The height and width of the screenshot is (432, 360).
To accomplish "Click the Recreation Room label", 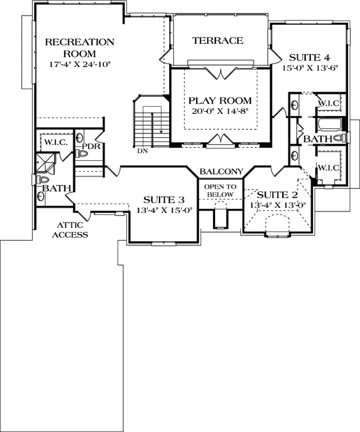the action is click(79, 48).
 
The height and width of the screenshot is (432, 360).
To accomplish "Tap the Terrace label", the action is click(218, 40).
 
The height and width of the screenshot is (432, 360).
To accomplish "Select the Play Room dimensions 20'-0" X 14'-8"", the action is click(220, 111).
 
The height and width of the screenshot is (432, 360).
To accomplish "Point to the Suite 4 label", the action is click(310, 58).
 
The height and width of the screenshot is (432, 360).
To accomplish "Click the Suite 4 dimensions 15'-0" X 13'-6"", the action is click(310, 68).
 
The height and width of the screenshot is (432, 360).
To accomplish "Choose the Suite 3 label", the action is click(164, 199).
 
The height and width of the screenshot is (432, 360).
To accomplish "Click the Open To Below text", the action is click(220, 191).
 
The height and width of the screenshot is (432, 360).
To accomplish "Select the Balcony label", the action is click(222, 172).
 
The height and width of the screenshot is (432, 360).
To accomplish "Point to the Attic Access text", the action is click(70, 230).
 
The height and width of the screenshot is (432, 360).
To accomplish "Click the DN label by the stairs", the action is click(143, 151).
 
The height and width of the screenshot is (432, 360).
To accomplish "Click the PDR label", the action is click(91, 146).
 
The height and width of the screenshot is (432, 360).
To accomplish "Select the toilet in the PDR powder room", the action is click(79, 153).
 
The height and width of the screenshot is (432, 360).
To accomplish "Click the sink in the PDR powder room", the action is click(79, 137).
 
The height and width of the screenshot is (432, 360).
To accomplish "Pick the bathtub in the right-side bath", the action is click(329, 124).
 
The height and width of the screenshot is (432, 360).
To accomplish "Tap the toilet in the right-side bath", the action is click(340, 138).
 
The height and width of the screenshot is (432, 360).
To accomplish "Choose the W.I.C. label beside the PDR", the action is click(56, 143).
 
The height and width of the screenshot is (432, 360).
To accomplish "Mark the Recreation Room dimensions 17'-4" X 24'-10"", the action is click(79, 64).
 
